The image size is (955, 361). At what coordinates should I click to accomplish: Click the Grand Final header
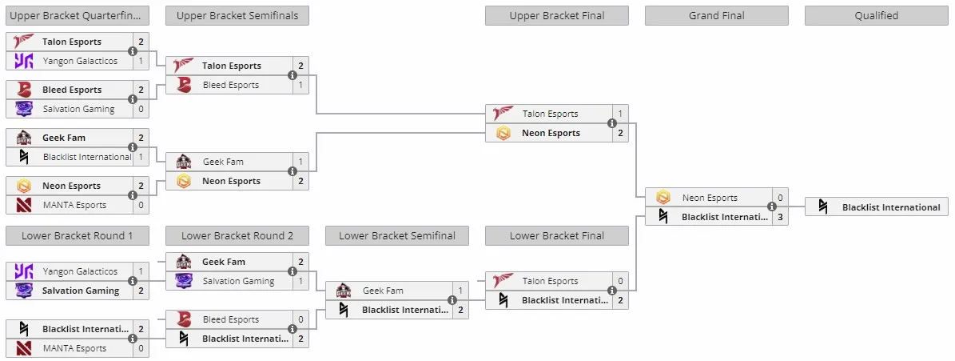[717, 16]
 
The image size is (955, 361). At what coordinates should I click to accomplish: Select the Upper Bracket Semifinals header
[237, 16]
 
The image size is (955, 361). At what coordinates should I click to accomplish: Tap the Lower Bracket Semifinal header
[397, 236]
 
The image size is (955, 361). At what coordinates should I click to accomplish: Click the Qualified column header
[876, 16]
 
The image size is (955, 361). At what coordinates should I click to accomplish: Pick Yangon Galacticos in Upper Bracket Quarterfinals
[80, 61]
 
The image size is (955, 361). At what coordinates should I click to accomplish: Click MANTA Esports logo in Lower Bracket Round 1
[24, 348]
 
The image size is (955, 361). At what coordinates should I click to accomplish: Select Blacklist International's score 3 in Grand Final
[780, 216]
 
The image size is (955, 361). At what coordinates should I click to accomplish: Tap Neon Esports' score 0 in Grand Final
[780, 198]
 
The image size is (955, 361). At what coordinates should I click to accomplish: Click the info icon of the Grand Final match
[772, 207]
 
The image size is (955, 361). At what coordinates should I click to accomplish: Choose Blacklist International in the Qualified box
[891, 207]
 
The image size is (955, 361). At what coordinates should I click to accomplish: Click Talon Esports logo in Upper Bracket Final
[503, 114]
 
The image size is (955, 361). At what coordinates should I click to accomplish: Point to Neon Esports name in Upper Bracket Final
[551, 133]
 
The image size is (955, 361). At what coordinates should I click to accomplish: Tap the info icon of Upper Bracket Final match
[612, 123]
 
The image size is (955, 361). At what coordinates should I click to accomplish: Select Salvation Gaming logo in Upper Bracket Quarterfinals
[24, 109]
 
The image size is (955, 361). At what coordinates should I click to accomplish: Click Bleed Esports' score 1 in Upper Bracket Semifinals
[300, 85]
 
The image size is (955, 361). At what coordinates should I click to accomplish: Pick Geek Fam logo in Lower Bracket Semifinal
[344, 291]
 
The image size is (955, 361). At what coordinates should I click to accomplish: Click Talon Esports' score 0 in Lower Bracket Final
[620, 281]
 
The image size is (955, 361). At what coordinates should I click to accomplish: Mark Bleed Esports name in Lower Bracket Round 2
[231, 319]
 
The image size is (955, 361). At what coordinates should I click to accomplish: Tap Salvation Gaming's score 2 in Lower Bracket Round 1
[141, 291]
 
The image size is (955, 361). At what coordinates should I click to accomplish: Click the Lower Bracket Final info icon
[612, 291]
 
